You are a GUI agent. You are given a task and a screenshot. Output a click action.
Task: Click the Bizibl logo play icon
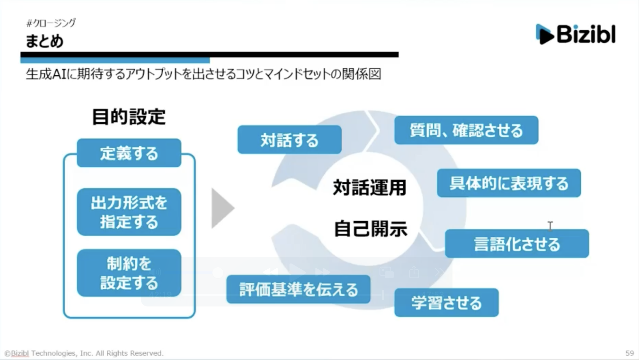pos(545,34)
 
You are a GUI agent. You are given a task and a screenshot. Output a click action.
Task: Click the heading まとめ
pos(44,41)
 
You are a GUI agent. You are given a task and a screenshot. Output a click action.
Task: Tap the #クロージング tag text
pos(51,23)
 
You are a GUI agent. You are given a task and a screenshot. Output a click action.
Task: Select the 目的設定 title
pos(129,117)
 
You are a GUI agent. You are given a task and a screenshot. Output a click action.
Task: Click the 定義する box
pos(129,153)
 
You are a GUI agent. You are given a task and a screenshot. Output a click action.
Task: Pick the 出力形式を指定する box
pos(129,212)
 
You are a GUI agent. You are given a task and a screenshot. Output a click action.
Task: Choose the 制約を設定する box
pos(129,273)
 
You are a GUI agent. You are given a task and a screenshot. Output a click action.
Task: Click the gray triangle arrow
pos(222,208)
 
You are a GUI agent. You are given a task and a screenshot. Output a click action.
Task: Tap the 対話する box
pos(289,140)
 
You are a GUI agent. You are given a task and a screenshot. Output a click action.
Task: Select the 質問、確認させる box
pos(466,130)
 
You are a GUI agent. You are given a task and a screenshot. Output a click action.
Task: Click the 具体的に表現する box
pos(509,183)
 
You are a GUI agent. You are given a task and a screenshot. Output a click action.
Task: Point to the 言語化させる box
pos(517,244)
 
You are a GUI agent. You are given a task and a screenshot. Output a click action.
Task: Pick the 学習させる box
pos(446,303)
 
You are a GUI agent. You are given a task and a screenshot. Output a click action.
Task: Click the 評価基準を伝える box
pos(298,289)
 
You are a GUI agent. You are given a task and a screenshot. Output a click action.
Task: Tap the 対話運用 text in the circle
pos(370,187)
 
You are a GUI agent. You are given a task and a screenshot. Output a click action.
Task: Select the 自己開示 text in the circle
pos(370,229)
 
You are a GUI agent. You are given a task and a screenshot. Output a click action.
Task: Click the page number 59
pos(629,353)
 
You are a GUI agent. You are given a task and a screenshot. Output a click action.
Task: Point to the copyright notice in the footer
pos(84,353)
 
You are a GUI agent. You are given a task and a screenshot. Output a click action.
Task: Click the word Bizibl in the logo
pos(586,34)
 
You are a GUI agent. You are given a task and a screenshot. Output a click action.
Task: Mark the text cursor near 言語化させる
pos(550,226)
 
